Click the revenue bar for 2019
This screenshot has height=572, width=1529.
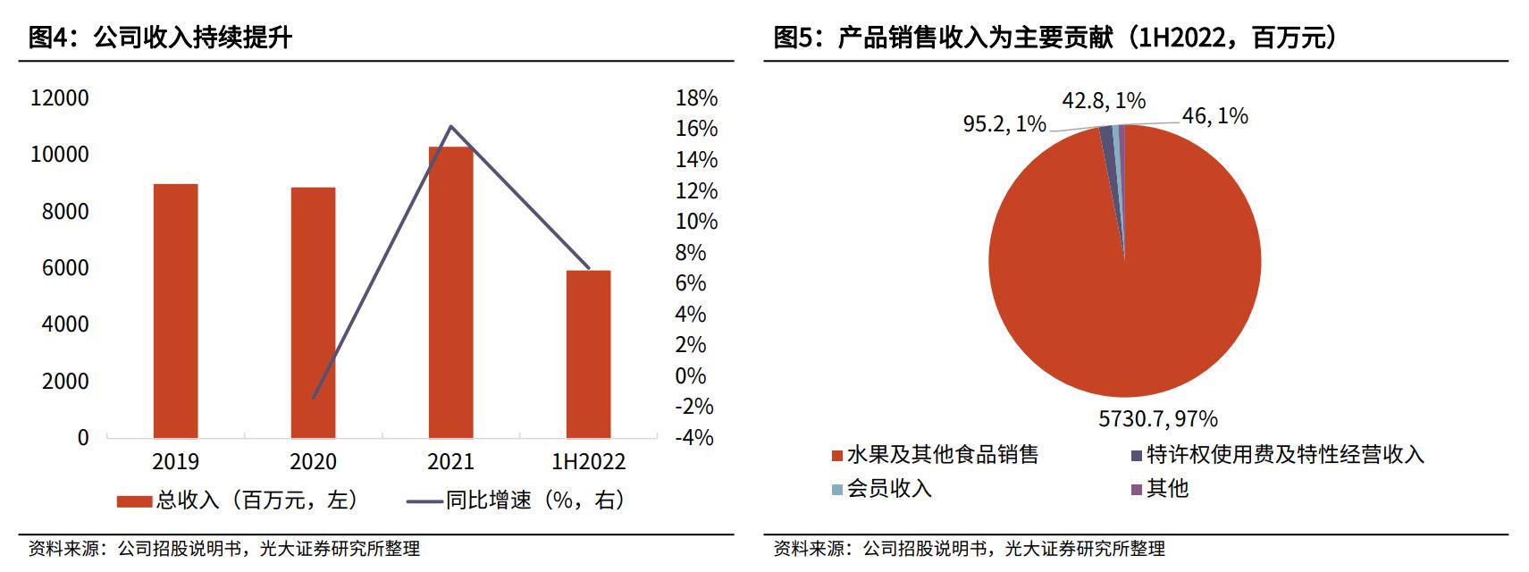click(175, 310)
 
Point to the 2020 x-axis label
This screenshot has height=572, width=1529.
click(313, 461)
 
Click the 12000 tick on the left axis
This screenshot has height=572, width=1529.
click(60, 98)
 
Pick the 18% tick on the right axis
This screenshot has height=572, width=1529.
click(696, 98)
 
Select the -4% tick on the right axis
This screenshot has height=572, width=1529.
click(693, 438)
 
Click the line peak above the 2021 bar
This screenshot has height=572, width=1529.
click(450, 127)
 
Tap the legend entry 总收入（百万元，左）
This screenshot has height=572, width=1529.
click(239, 500)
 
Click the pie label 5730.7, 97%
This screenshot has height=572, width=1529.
click(1157, 418)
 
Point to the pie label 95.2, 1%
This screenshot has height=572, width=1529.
click(1004, 124)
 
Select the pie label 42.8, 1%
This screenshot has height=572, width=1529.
click(1104, 101)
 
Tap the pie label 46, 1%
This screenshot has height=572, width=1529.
click(1214, 116)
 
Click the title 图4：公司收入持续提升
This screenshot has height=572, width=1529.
click(161, 38)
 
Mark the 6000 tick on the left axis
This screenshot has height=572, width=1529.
click(65, 268)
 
